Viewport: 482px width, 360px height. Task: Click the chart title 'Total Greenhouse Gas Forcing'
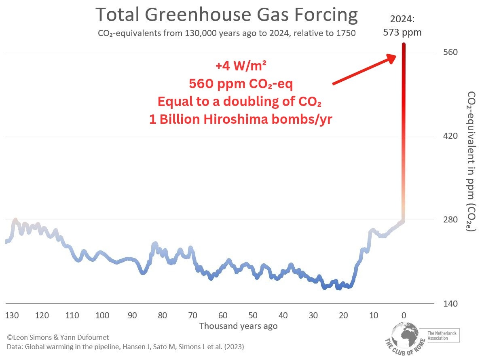point(226,15)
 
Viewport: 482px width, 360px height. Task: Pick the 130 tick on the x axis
point(12,315)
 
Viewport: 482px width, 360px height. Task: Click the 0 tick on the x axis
point(403,315)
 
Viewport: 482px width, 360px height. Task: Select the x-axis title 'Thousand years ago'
point(239,326)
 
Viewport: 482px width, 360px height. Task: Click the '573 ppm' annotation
point(402,32)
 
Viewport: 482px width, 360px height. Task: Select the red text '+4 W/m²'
point(240,66)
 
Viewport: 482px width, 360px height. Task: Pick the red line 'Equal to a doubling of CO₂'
point(239,102)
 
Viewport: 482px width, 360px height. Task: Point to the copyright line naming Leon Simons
point(58,337)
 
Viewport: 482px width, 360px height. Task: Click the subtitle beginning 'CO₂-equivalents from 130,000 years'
point(226,33)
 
